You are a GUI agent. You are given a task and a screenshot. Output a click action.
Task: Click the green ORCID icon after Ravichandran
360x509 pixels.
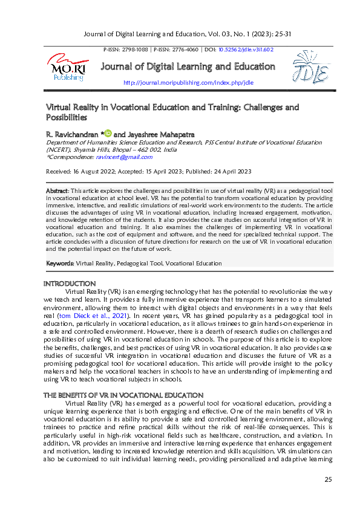(108, 132)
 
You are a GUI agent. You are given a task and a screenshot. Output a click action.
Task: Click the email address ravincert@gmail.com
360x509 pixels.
(124, 157)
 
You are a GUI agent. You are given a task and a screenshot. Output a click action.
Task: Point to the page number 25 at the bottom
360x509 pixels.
(329, 479)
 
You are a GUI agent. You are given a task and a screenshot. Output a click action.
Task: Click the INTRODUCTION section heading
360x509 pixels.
(70, 283)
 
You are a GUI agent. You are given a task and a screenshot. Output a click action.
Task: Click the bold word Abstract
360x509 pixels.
(57, 191)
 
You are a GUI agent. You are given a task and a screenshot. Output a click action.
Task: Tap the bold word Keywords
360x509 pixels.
(60, 264)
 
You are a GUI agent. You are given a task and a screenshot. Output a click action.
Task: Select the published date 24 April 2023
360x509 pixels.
(229, 172)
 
